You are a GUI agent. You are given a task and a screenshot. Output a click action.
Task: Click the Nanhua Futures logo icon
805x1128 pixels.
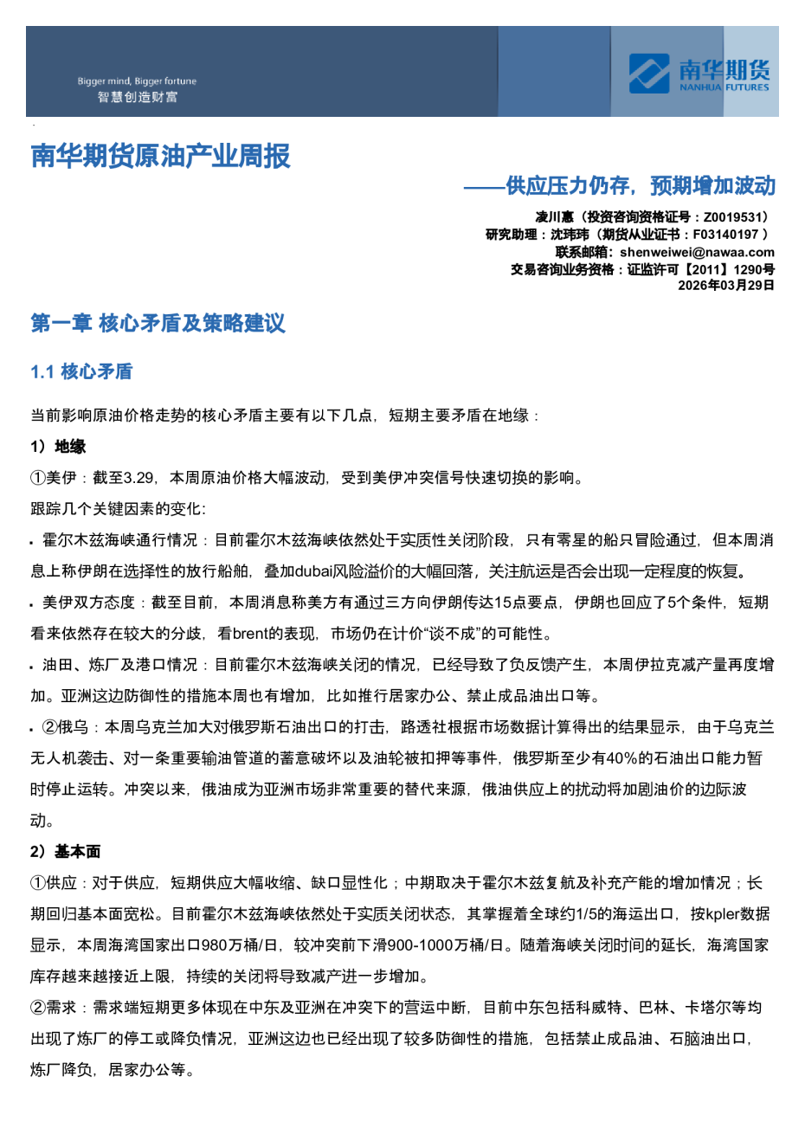pyautogui.click(x=649, y=73)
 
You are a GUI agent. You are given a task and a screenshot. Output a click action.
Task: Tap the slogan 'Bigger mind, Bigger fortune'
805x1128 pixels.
pyautogui.click(x=137, y=81)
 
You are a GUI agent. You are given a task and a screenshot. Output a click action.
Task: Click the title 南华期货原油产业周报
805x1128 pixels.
pyautogui.click(x=161, y=157)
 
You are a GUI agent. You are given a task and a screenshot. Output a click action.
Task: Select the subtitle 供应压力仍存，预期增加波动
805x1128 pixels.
pyautogui.click(x=641, y=186)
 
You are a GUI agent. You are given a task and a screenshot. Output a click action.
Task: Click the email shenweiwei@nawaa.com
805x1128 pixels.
pyautogui.click(x=697, y=252)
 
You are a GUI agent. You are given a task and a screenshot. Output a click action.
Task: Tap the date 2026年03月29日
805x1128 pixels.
pyautogui.click(x=725, y=286)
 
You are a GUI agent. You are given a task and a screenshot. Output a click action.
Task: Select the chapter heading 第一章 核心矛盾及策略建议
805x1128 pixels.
pyautogui.click(x=158, y=324)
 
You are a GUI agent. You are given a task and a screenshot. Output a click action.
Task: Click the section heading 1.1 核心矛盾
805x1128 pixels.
pyautogui.click(x=81, y=372)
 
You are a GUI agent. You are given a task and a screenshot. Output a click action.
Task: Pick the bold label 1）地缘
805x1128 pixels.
pyautogui.click(x=58, y=447)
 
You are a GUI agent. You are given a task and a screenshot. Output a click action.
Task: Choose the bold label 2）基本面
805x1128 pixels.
pyautogui.click(x=66, y=852)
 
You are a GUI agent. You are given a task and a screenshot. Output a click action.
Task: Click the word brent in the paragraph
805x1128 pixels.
pyautogui.click(x=251, y=634)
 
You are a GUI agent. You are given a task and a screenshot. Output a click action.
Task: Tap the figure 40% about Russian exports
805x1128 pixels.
pyautogui.click(x=621, y=758)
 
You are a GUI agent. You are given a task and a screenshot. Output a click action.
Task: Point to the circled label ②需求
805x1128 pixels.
pyautogui.click(x=53, y=1008)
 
